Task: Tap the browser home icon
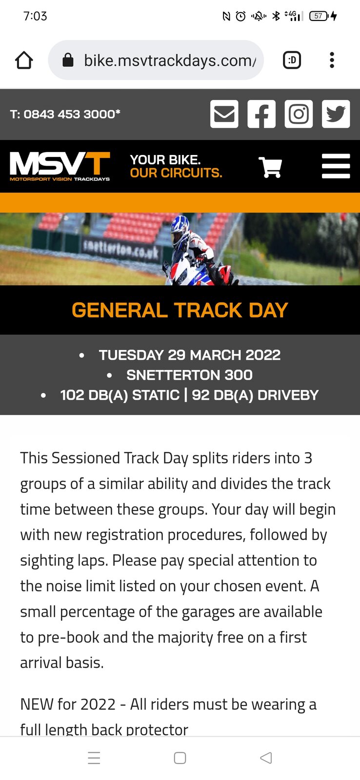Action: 24,60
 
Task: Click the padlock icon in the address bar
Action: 68,60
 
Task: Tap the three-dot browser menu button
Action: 332,60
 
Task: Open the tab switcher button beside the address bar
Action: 292,60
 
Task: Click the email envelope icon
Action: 224,114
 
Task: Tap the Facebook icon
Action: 261,114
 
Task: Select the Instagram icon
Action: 299,114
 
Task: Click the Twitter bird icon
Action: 336,114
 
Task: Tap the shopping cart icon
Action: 270,167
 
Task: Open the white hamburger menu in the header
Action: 336,166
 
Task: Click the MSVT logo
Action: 60,166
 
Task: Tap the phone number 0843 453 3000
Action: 72,114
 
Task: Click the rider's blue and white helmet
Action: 180,231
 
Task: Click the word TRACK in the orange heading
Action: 208,310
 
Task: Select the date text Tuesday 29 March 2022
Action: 190,355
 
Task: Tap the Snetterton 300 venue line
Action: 190,375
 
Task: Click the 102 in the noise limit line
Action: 72,395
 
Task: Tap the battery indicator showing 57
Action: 319,16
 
